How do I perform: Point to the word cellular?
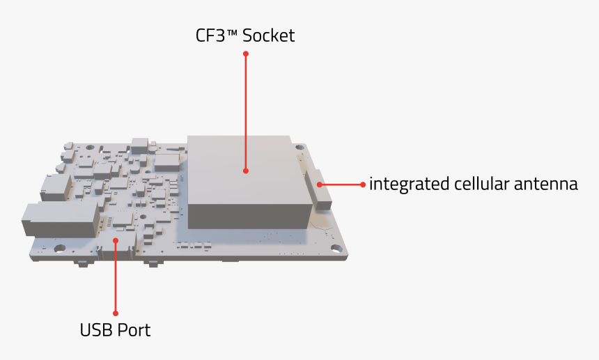click(481, 185)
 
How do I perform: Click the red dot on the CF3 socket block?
click(246, 170)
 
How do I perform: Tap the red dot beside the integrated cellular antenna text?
click(363, 185)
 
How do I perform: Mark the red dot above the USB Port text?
click(116, 313)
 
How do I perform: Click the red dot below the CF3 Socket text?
click(246, 53)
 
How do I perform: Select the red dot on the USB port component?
click(116, 240)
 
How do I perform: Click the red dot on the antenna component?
click(320, 185)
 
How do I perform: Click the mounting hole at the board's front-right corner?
click(336, 248)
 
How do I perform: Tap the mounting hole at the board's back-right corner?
click(299, 148)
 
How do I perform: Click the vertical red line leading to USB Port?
click(116, 279)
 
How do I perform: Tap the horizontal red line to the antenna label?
click(341, 185)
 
